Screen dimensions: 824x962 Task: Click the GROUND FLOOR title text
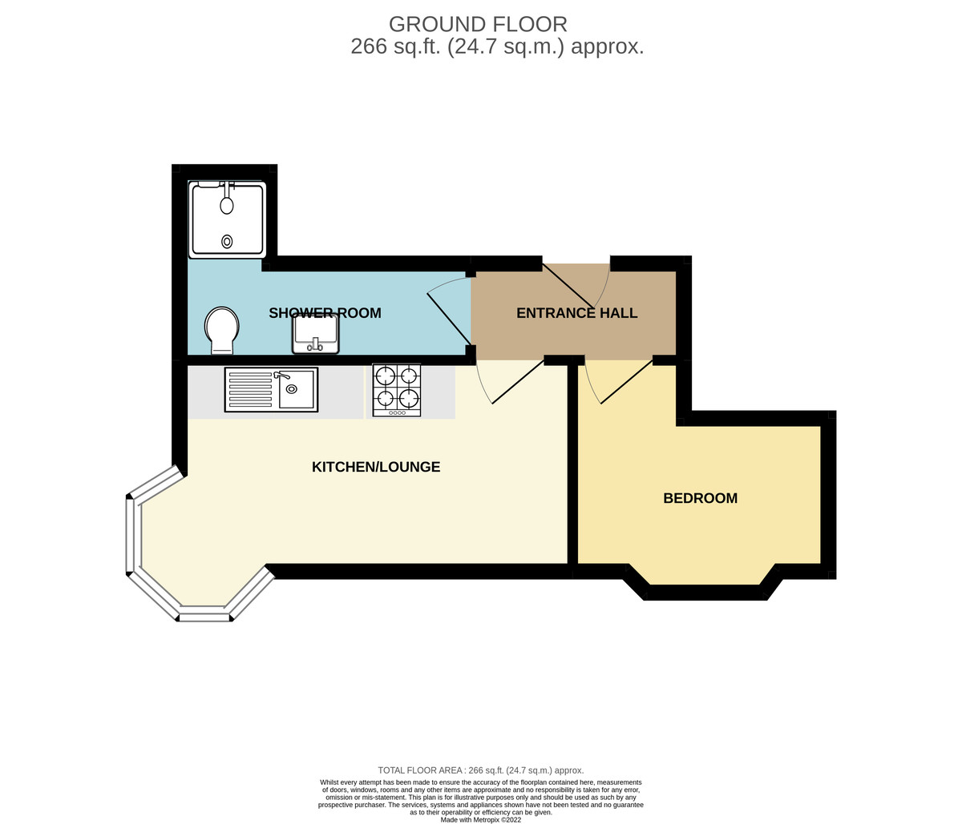point(478,24)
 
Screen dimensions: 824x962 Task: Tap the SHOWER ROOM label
point(325,313)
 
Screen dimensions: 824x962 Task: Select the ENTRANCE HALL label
point(576,313)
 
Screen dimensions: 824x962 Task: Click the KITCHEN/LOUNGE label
point(376,467)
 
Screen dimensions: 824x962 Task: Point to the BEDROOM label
point(700,498)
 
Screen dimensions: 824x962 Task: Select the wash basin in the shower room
point(316,333)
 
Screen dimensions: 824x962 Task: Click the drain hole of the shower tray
point(227,241)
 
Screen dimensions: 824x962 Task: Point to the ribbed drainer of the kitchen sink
point(250,389)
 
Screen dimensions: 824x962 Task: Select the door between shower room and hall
point(450,317)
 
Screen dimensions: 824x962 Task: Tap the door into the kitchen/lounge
point(517,383)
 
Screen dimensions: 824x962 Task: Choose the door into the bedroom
point(625,383)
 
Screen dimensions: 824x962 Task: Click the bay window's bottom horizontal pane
point(205,616)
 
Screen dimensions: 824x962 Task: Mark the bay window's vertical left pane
point(130,536)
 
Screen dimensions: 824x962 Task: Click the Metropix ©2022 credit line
point(481,819)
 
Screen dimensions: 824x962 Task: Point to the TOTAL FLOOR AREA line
point(481,770)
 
